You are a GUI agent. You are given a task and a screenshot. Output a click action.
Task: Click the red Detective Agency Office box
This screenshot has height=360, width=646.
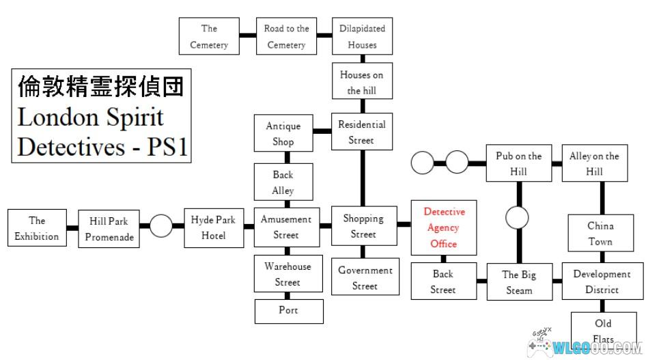444,227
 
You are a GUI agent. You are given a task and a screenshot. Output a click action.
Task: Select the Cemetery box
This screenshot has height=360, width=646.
209,36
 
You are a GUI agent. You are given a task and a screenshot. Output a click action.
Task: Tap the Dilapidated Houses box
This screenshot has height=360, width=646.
362,36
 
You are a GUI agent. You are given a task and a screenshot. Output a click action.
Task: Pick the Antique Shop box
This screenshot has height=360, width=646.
283,133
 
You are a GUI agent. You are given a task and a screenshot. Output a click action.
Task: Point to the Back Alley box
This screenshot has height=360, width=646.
283,182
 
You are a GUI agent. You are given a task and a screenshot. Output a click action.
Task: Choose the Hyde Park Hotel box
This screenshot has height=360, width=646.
214,227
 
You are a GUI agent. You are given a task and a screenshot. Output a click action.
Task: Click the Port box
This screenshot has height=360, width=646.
289,311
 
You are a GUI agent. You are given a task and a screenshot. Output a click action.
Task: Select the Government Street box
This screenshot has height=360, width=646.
365,277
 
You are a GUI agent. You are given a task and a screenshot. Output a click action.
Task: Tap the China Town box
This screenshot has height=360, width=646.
601,233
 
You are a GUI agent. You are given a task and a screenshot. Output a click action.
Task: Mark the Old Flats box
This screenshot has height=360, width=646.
604,331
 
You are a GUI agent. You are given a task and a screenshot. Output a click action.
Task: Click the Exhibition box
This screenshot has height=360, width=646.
37,227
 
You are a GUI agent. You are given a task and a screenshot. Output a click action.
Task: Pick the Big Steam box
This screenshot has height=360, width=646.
520,281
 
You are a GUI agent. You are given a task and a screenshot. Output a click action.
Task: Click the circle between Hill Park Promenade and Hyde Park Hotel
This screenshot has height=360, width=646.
161,225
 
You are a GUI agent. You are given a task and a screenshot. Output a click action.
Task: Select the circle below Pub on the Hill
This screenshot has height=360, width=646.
517,217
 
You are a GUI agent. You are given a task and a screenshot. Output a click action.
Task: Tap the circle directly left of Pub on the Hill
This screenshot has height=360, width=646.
457,162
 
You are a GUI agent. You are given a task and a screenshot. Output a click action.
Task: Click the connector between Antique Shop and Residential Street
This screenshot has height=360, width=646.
322,131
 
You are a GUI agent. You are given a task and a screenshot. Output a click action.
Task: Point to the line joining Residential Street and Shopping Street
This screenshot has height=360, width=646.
363,178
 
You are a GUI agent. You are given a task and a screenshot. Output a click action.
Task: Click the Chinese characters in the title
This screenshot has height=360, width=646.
100,87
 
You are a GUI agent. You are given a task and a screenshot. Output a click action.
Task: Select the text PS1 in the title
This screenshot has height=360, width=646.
167,147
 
